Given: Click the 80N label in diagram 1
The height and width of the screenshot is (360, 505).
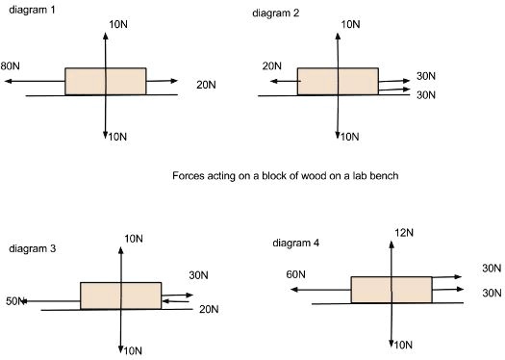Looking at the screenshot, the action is [x=10, y=65].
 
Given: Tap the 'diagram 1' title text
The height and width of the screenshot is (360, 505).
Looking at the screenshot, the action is [x=32, y=10].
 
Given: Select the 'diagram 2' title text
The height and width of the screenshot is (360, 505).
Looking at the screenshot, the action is [x=276, y=13].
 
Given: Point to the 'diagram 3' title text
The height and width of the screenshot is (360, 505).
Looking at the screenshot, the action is [x=33, y=248].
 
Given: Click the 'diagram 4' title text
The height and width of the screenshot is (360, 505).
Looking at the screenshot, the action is [x=296, y=243].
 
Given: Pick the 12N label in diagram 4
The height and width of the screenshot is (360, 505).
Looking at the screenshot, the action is [x=404, y=232].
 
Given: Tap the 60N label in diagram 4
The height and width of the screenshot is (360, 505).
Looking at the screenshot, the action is [x=295, y=274].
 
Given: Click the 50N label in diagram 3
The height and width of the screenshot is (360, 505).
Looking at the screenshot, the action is [x=15, y=301].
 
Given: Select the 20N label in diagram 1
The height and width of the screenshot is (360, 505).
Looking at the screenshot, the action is [x=206, y=85].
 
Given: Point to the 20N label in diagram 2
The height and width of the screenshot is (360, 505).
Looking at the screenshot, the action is [x=272, y=65].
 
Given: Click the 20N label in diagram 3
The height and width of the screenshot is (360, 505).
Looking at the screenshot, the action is [x=209, y=309].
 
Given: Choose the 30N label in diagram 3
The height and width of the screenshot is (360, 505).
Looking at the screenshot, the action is [x=198, y=275].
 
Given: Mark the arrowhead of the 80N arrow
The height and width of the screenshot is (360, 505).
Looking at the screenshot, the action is [x=8, y=81].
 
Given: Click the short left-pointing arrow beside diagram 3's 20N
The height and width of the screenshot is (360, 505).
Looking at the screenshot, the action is [x=175, y=301].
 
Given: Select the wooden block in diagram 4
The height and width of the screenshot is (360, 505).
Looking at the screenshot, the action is [x=391, y=290].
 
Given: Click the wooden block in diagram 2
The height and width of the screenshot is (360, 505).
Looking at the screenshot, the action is [x=338, y=81].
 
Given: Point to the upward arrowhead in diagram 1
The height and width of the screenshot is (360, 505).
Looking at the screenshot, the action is [x=105, y=36].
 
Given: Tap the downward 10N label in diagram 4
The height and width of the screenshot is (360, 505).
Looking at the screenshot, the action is [x=403, y=345].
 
